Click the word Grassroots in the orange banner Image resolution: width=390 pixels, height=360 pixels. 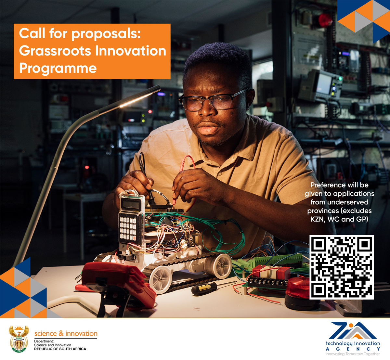tap(55, 51)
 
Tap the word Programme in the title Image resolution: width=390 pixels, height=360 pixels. tap(58, 69)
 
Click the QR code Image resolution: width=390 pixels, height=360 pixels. tap(342, 267)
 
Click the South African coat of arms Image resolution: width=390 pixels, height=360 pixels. tap(19, 339)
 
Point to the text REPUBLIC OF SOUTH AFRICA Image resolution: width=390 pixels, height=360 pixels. tap(60, 349)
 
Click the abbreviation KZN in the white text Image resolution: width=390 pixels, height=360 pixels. tap(317, 219)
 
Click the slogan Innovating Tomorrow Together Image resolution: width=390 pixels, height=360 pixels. tap(353, 354)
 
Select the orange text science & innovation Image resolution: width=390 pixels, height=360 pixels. tap(66, 334)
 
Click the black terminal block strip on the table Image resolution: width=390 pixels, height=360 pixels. tap(267, 283)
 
